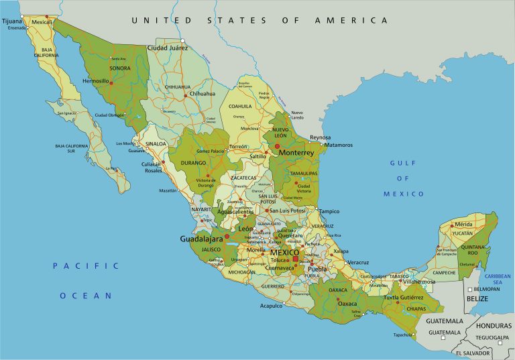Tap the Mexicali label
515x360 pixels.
coord(42,22)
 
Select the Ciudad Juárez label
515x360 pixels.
coord(168,48)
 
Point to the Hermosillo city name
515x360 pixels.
coord(95,80)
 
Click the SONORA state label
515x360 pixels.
coord(119,68)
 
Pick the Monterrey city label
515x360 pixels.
coord(296,153)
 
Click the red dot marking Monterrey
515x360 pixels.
coord(277,145)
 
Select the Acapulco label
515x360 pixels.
coord(271,306)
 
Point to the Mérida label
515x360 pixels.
coord(463,225)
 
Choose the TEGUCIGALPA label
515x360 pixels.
coord(493,337)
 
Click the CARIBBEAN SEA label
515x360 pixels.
coord(498,280)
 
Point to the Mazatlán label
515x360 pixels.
coord(168,191)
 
